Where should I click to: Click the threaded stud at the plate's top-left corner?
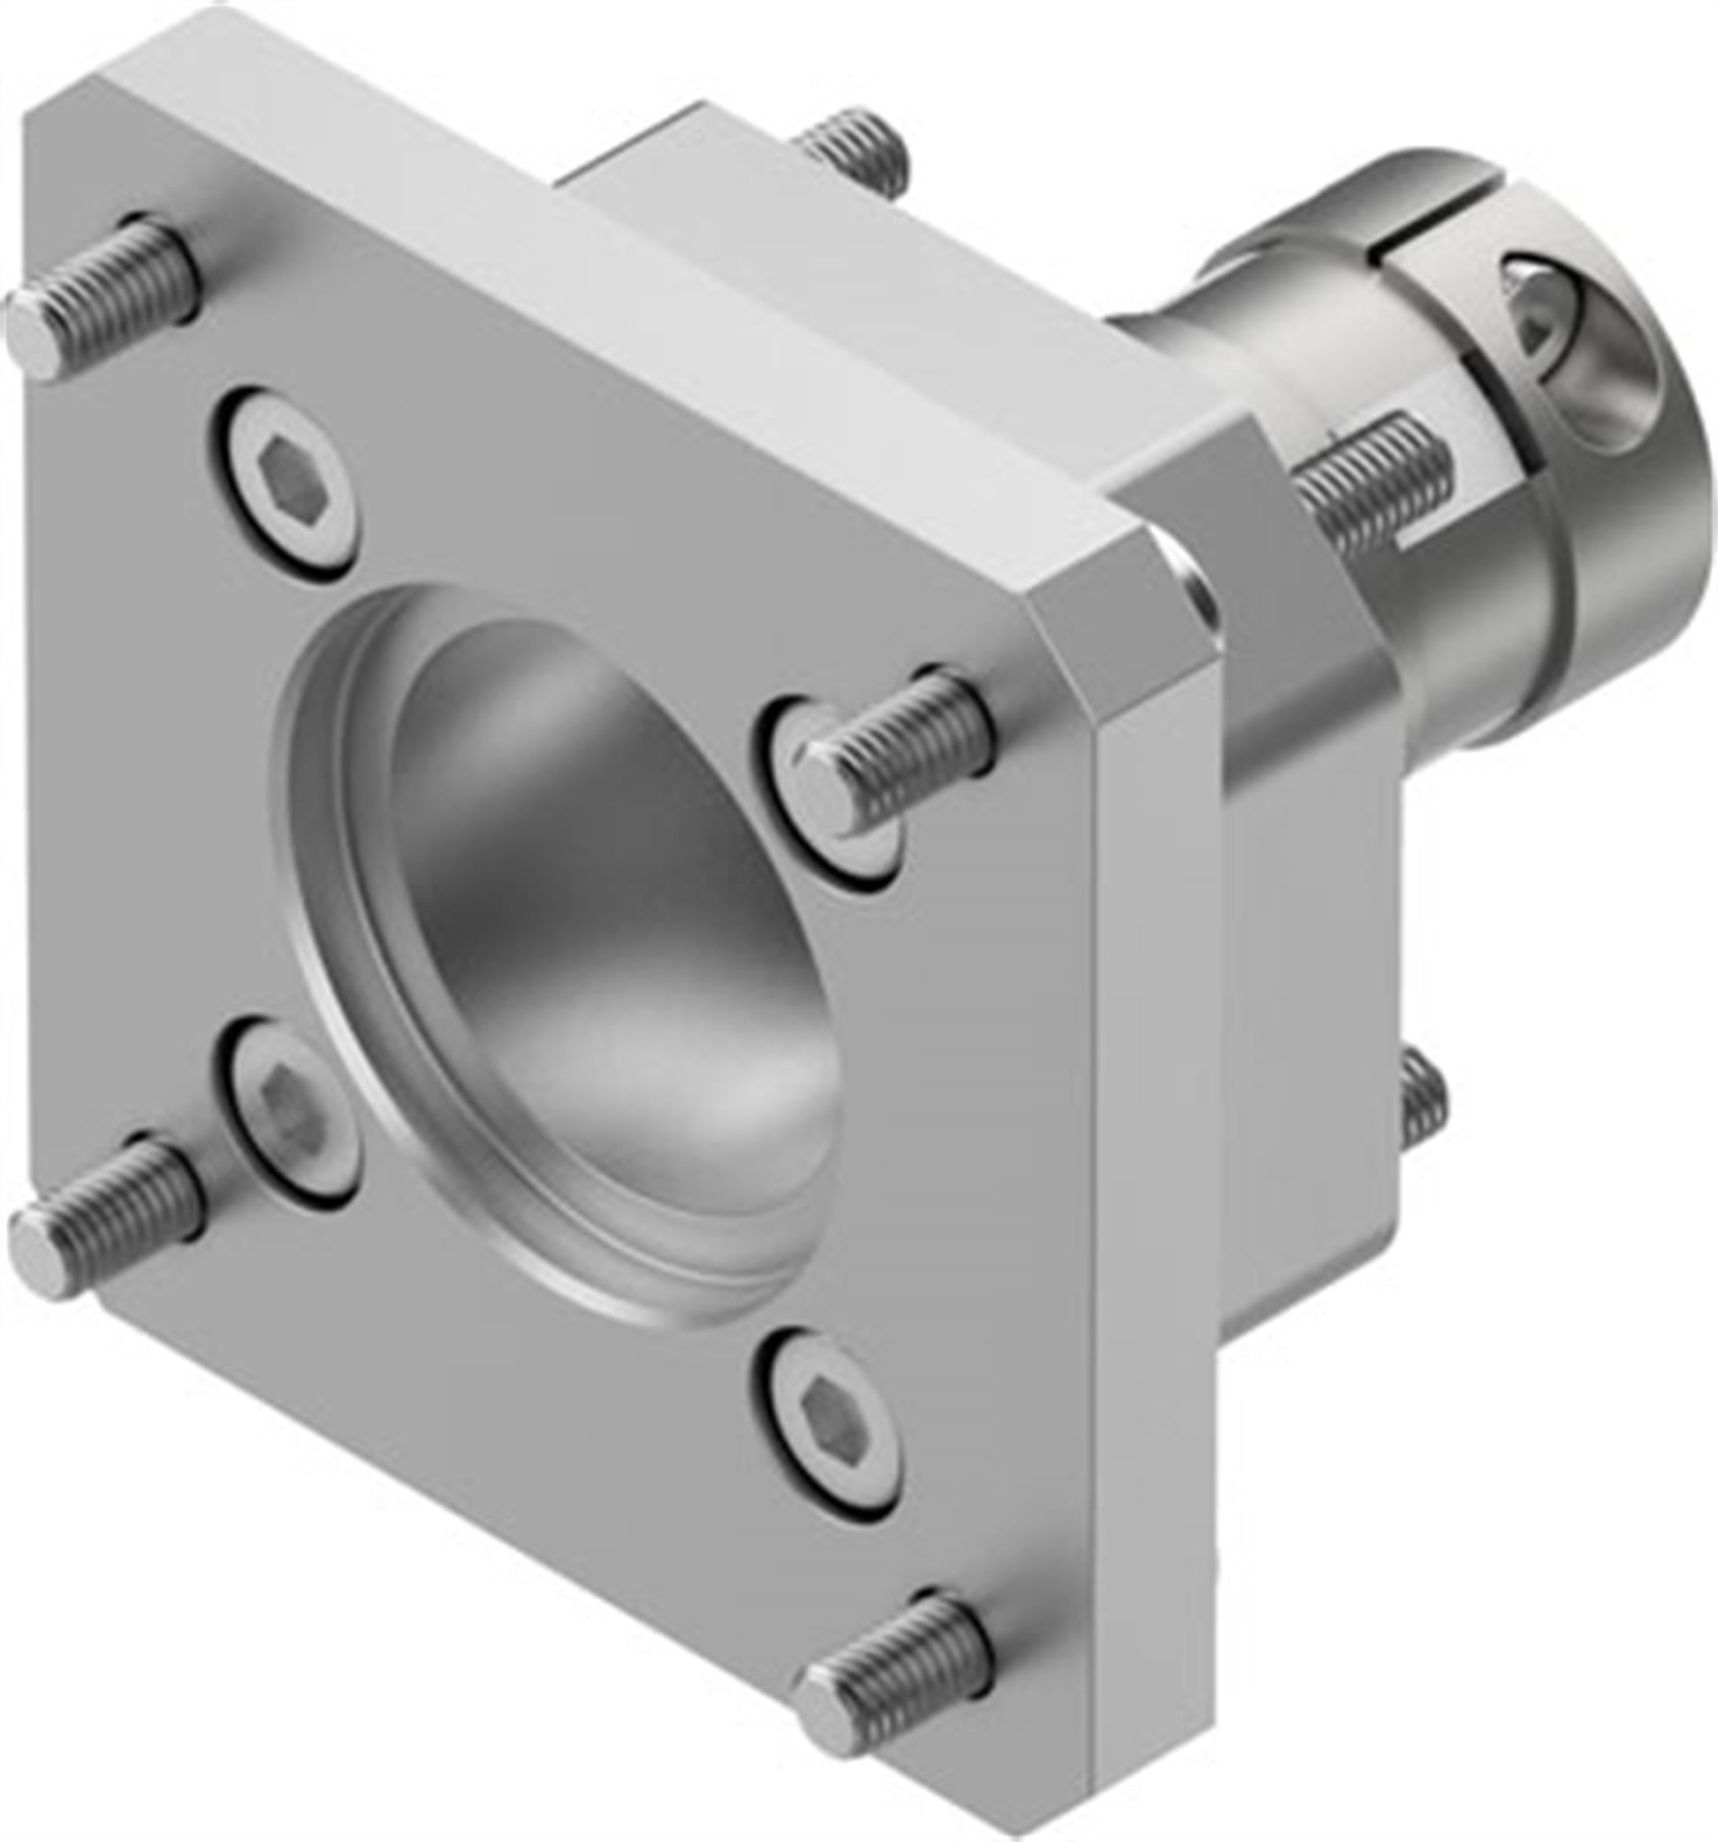(x=111, y=292)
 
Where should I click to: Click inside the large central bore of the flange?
(x=593, y=880)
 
